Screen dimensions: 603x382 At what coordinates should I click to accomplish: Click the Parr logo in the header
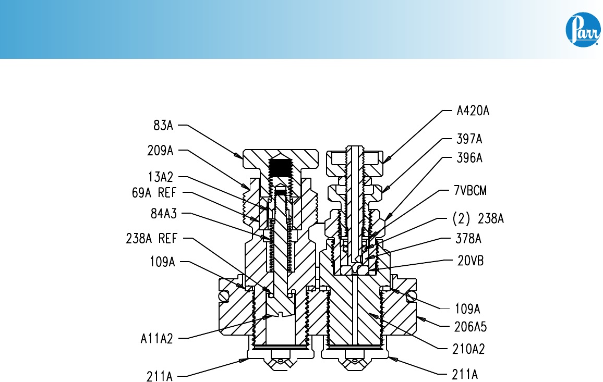583,30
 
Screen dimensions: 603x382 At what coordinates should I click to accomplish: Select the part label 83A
163,125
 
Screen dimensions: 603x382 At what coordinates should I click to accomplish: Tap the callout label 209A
160,150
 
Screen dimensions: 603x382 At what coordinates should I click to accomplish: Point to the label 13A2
161,177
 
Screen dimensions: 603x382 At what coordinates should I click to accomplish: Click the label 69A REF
154,192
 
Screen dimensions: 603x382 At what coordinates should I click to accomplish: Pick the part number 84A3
164,213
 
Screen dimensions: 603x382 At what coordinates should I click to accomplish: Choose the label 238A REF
151,238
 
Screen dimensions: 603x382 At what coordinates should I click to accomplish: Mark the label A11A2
156,339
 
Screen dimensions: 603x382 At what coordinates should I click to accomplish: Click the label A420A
473,110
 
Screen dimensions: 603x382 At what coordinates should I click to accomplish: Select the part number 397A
469,139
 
